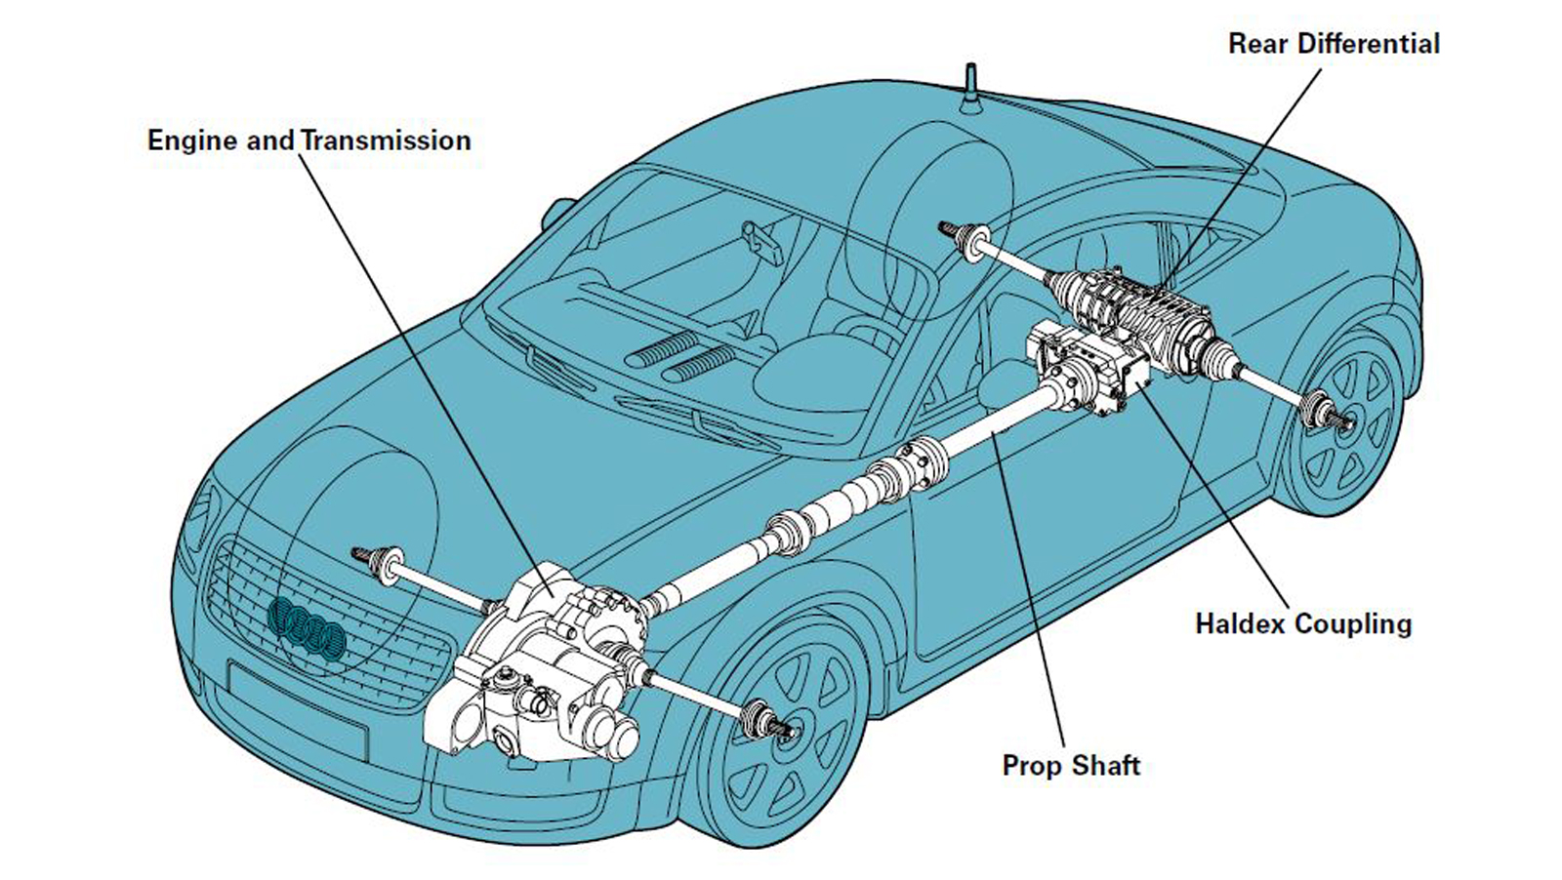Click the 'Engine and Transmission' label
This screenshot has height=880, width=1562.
(x=308, y=140)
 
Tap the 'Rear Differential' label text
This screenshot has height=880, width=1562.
(x=1334, y=44)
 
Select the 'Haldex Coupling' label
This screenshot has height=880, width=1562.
(x=1303, y=623)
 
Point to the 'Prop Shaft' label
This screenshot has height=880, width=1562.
(x=1071, y=765)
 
